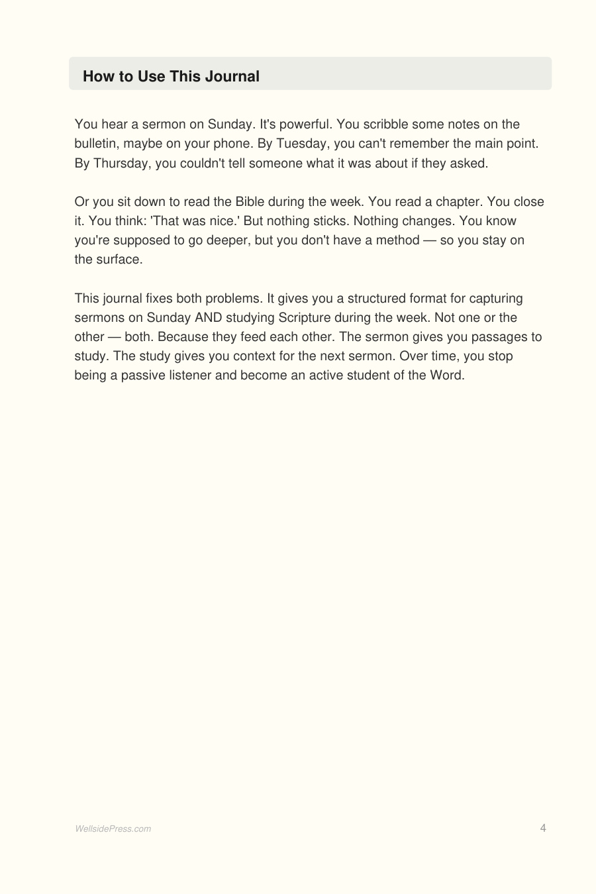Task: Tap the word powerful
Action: pyautogui.click(x=304, y=124)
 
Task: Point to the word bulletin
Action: pyautogui.click(x=95, y=144)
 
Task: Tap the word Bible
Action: pyautogui.click(x=250, y=202)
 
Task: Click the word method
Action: pyautogui.click(x=397, y=240)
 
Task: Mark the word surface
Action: pyautogui.click(x=119, y=260)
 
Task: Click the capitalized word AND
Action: pyautogui.click(x=208, y=317)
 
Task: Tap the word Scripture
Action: pyautogui.click(x=304, y=317)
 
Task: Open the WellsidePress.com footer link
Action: pyautogui.click(x=113, y=828)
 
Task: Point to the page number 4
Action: pyautogui.click(x=543, y=828)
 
